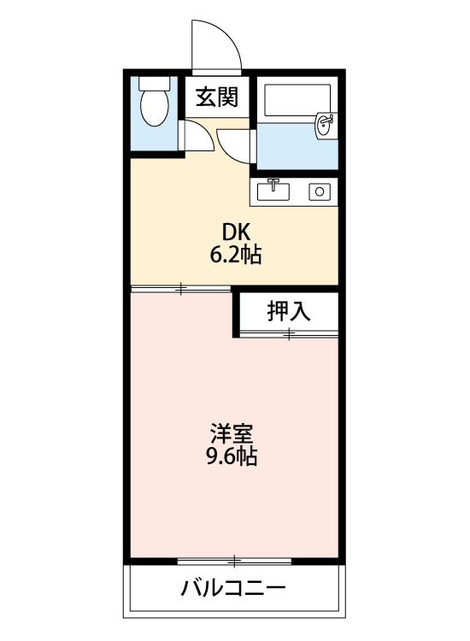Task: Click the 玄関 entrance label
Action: pos(216,97)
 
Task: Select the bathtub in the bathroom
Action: pos(295,102)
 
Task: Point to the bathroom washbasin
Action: pos(325,126)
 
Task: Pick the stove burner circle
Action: pos(320,191)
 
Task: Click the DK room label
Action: pos(235,232)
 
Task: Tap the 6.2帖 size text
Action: pos(236,254)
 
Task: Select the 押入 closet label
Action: pos(289,312)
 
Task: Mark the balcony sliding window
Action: pos(234,562)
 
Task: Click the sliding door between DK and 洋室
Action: pos(181,289)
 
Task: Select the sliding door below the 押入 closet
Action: pos(289,335)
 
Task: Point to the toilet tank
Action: pos(155,85)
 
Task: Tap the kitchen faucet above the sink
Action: pos(274,181)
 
